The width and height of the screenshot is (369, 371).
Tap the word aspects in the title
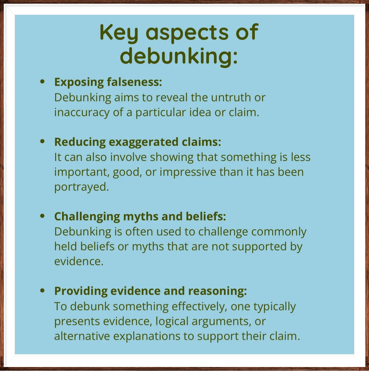pos(187,33)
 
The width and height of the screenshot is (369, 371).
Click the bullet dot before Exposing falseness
pos(43,82)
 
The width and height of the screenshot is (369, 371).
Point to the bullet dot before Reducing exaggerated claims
pos(43,141)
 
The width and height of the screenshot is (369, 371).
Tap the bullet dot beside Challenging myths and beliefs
pos(43,216)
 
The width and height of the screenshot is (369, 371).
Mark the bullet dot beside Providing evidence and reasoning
pos(43,291)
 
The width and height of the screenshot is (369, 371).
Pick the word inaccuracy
pos(82,112)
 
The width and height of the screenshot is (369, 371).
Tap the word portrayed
pos(82,187)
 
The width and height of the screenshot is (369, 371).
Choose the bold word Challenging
pos(87,217)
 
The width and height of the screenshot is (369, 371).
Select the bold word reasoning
pos(217,291)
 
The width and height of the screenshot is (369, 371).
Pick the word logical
pos(172,321)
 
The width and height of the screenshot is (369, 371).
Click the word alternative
pos(82,336)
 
